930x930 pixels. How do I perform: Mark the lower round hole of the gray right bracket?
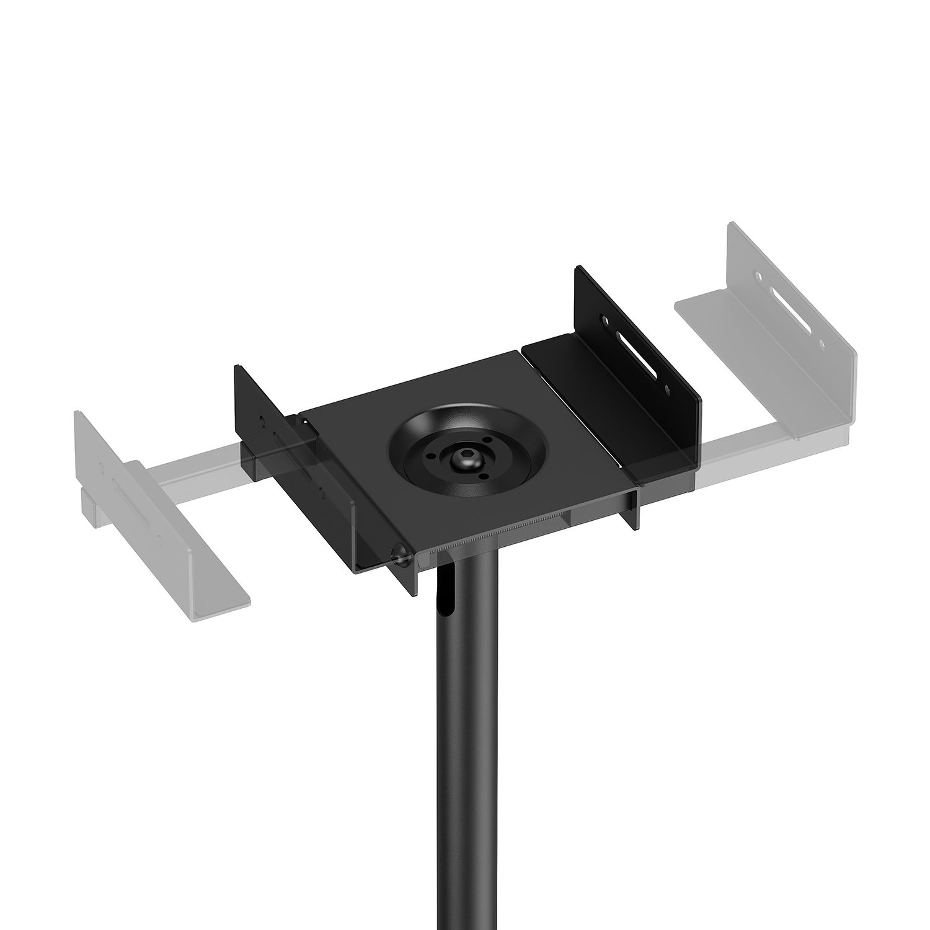tap(821, 343)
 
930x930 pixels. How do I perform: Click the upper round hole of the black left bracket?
tap(261, 420)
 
